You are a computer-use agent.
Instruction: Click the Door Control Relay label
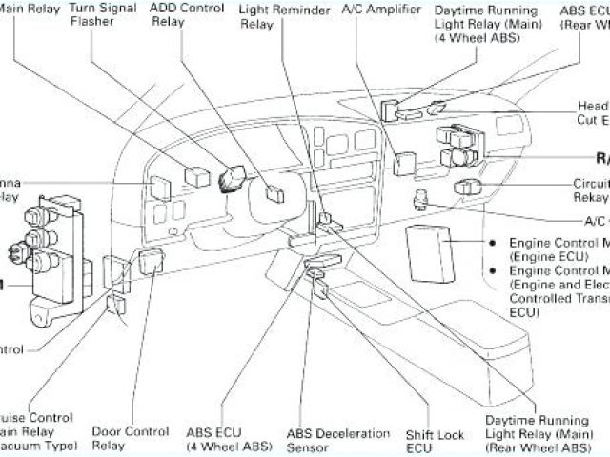(123, 438)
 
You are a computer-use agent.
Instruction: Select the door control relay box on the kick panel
(150, 261)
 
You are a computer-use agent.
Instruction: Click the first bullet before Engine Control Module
(493, 242)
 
